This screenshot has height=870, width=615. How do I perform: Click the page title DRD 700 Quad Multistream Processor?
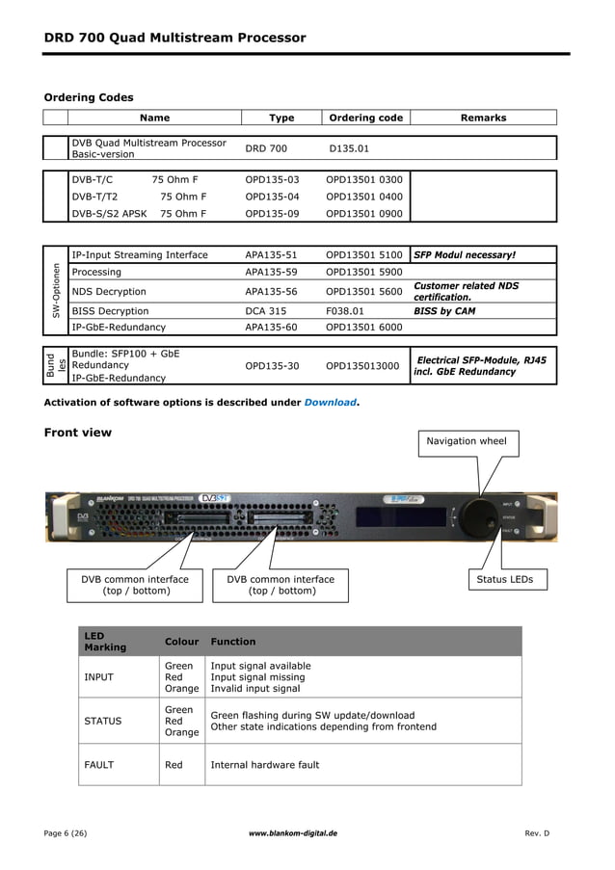[x=174, y=39]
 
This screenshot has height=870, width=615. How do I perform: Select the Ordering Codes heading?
[x=89, y=97]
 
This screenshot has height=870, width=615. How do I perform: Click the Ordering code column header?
[x=365, y=118]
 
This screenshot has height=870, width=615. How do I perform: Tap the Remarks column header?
[x=483, y=118]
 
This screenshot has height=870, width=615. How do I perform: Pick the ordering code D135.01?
[x=349, y=149]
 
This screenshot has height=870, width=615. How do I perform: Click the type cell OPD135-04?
[x=272, y=197]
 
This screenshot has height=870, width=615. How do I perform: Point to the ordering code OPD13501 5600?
[x=363, y=292]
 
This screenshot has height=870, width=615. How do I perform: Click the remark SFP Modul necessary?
[x=465, y=255]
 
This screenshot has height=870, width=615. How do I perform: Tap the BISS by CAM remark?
[x=444, y=311]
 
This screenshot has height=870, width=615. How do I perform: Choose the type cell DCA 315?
[x=265, y=311]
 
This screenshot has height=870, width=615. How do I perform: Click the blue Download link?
[x=330, y=402]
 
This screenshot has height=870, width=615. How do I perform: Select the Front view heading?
[x=77, y=433]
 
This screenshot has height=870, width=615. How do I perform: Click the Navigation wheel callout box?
[x=466, y=441]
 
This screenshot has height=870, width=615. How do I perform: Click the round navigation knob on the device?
[x=476, y=511]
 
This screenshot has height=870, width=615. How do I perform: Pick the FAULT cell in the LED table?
[x=98, y=765]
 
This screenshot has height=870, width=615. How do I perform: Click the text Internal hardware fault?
[x=264, y=765]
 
